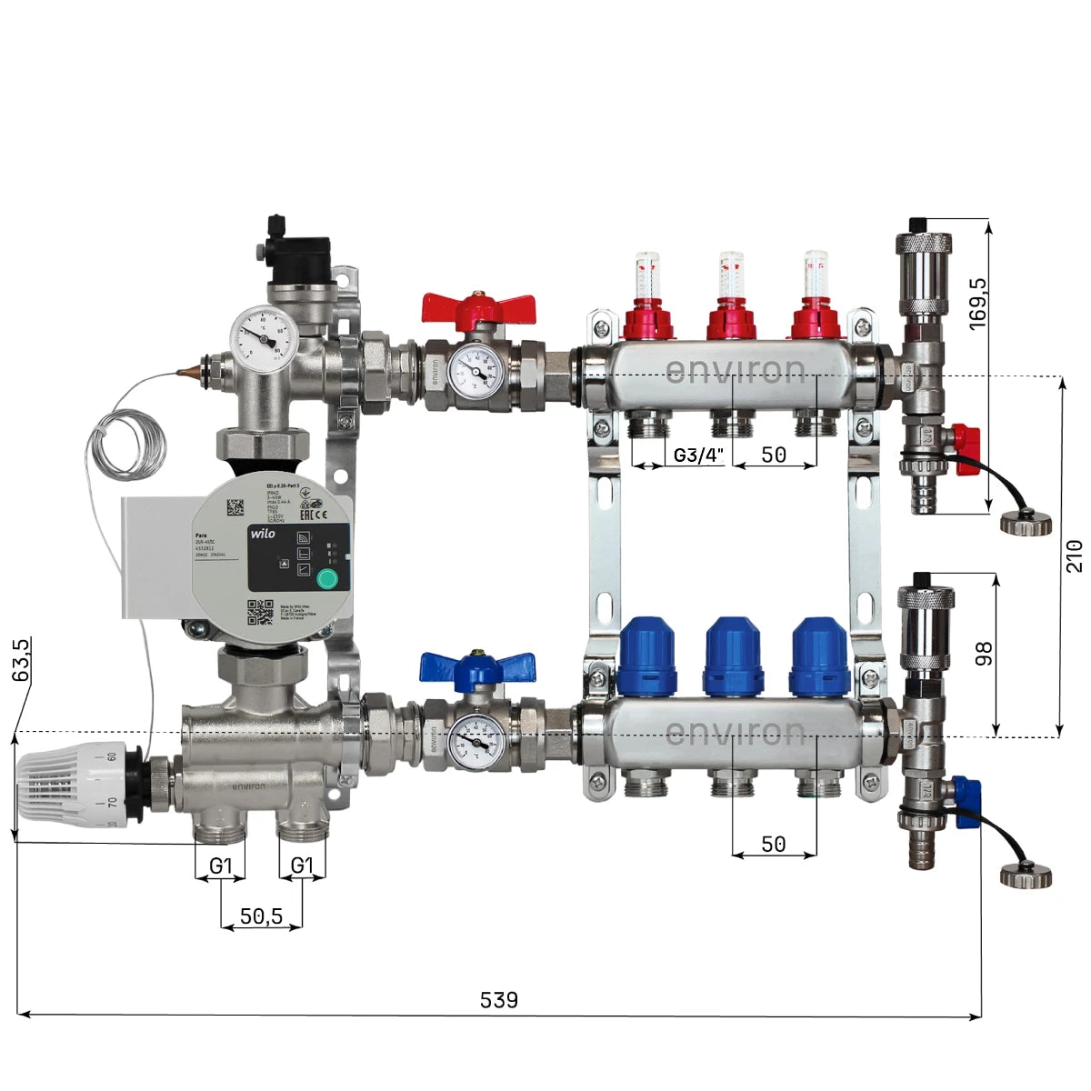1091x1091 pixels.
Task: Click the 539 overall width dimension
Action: pyautogui.click(x=498, y=1000)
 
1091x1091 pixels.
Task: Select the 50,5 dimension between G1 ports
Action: pyautogui.click(x=261, y=916)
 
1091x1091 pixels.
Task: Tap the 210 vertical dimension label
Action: pyautogui.click(x=1075, y=556)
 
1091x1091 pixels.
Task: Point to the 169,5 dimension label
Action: pyautogui.click(x=979, y=304)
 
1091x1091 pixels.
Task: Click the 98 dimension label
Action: pyautogui.click(x=984, y=654)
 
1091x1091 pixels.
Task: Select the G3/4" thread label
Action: pyautogui.click(x=699, y=455)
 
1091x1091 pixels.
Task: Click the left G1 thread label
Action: pyautogui.click(x=221, y=866)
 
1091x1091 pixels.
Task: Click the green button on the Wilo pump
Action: pyautogui.click(x=325, y=578)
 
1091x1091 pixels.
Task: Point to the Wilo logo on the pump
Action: pyautogui.click(x=262, y=534)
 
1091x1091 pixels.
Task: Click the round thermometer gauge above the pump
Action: pyautogui.click(x=264, y=338)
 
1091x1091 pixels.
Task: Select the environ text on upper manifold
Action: pyautogui.click(x=735, y=370)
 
